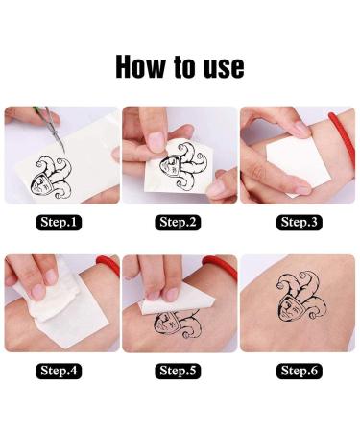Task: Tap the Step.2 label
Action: pyautogui.click(x=179, y=223)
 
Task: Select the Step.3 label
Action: pyautogui.click(x=299, y=223)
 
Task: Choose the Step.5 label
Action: pyautogui.click(x=179, y=370)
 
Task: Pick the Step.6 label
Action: pyautogui.click(x=299, y=370)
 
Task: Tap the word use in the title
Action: pyautogui.click(x=221, y=66)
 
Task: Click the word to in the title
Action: pyautogui.click(x=184, y=66)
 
